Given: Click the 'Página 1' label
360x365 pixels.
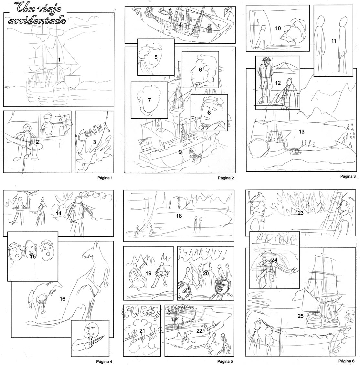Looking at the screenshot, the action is pyautogui.click(x=105, y=178).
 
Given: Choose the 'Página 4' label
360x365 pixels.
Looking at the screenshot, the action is pyautogui.click(x=104, y=361).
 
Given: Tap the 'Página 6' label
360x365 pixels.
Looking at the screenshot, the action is pyautogui.click(x=346, y=361).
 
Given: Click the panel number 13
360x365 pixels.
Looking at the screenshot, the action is pyautogui.click(x=302, y=132).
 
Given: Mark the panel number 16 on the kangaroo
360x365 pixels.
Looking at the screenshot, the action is pyautogui.click(x=63, y=299).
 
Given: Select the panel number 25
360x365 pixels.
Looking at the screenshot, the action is pyautogui.click(x=301, y=316).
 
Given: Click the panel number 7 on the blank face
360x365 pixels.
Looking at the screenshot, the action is pyautogui.click(x=149, y=100).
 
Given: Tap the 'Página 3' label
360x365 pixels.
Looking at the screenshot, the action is pyautogui.click(x=348, y=176).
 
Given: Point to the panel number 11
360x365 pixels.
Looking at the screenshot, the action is pyautogui.click(x=334, y=41).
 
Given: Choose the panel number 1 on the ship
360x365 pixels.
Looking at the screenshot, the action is pyautogui.click(x=59, y=60).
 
